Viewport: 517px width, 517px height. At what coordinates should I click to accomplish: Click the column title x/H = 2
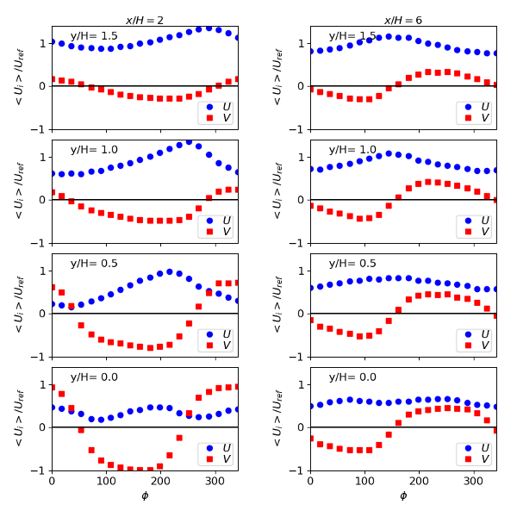pos(145,20)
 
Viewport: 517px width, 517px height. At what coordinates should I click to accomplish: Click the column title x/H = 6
pos(403,20)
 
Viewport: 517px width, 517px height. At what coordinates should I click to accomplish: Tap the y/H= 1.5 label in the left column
pos(94,36)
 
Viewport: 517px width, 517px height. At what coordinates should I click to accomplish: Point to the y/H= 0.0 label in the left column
pos(94,377)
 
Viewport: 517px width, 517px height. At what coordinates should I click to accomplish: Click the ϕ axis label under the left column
pos(145,495)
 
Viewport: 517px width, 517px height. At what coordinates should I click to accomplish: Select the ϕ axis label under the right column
pos(403,495)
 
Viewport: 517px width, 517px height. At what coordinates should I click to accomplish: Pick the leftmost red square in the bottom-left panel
pos(52,387)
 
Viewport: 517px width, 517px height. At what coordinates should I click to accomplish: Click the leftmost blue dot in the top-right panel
pos(310,51)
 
